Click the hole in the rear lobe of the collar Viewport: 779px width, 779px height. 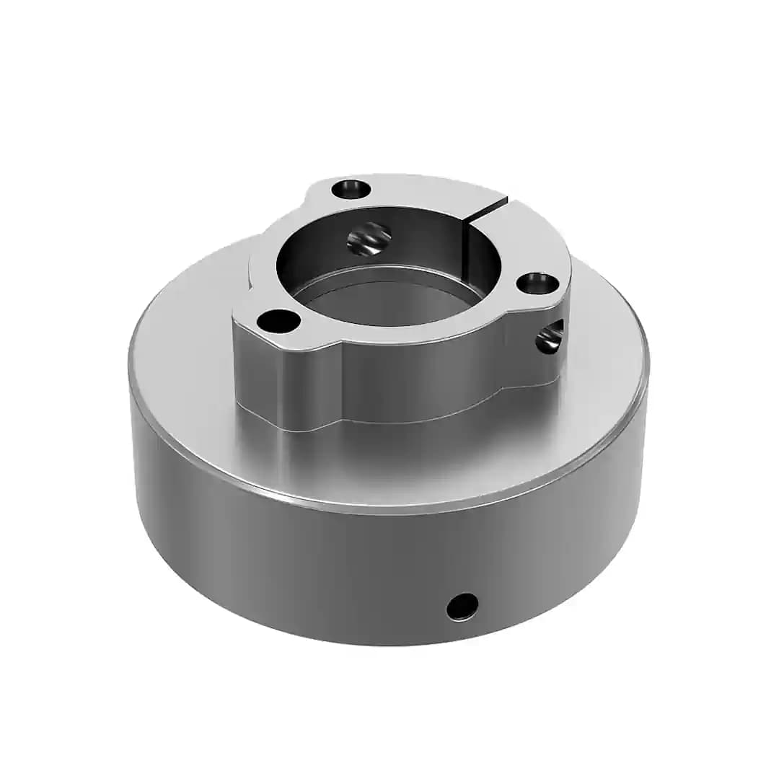pyautogui.click(x=351, y=190)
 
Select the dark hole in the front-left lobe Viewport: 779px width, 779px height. pyautogui.click(x=278, y=321)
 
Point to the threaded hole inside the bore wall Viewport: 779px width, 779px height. pyautogui.click(x=369, y=238)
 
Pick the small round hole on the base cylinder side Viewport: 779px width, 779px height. pyautogui.click(x=462, y=606)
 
